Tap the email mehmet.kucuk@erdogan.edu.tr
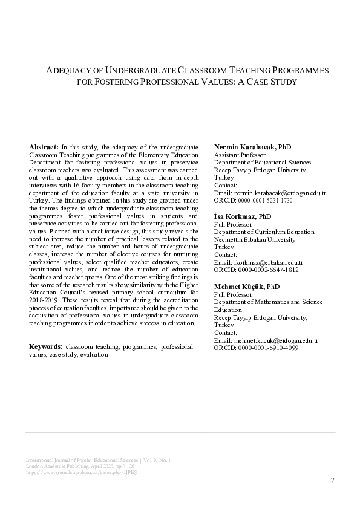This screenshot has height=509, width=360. click(275, 341)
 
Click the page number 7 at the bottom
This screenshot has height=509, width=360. click(332, 481)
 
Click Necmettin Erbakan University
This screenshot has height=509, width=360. click(257, 239)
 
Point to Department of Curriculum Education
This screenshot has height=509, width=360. click(264, 232)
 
